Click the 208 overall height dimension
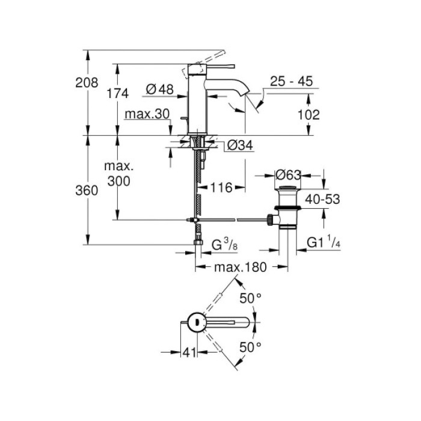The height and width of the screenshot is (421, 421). tap(87, 82)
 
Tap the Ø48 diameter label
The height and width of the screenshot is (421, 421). tap(159, 89)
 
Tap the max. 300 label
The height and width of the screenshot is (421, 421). tap(117, 173)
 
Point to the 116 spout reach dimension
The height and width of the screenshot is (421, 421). tap(221, 189)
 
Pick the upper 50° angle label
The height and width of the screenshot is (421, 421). tap(251, 298)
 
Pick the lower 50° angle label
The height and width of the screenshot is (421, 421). tap(251, 346)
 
